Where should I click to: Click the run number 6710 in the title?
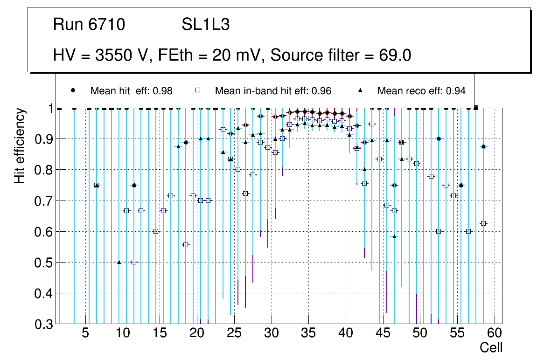point(107,25)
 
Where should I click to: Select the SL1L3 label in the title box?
point(206,25)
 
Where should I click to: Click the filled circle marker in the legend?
point(73,90)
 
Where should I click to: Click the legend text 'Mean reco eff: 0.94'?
point(421,91)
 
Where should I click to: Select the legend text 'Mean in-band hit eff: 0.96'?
point(273,91)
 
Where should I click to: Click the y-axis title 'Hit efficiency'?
point(20,145)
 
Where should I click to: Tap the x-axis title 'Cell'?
point(491,348)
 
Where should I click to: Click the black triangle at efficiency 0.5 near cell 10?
point(119,262)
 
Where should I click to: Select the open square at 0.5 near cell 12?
point(134,262)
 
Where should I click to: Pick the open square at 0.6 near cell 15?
point(156,231)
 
